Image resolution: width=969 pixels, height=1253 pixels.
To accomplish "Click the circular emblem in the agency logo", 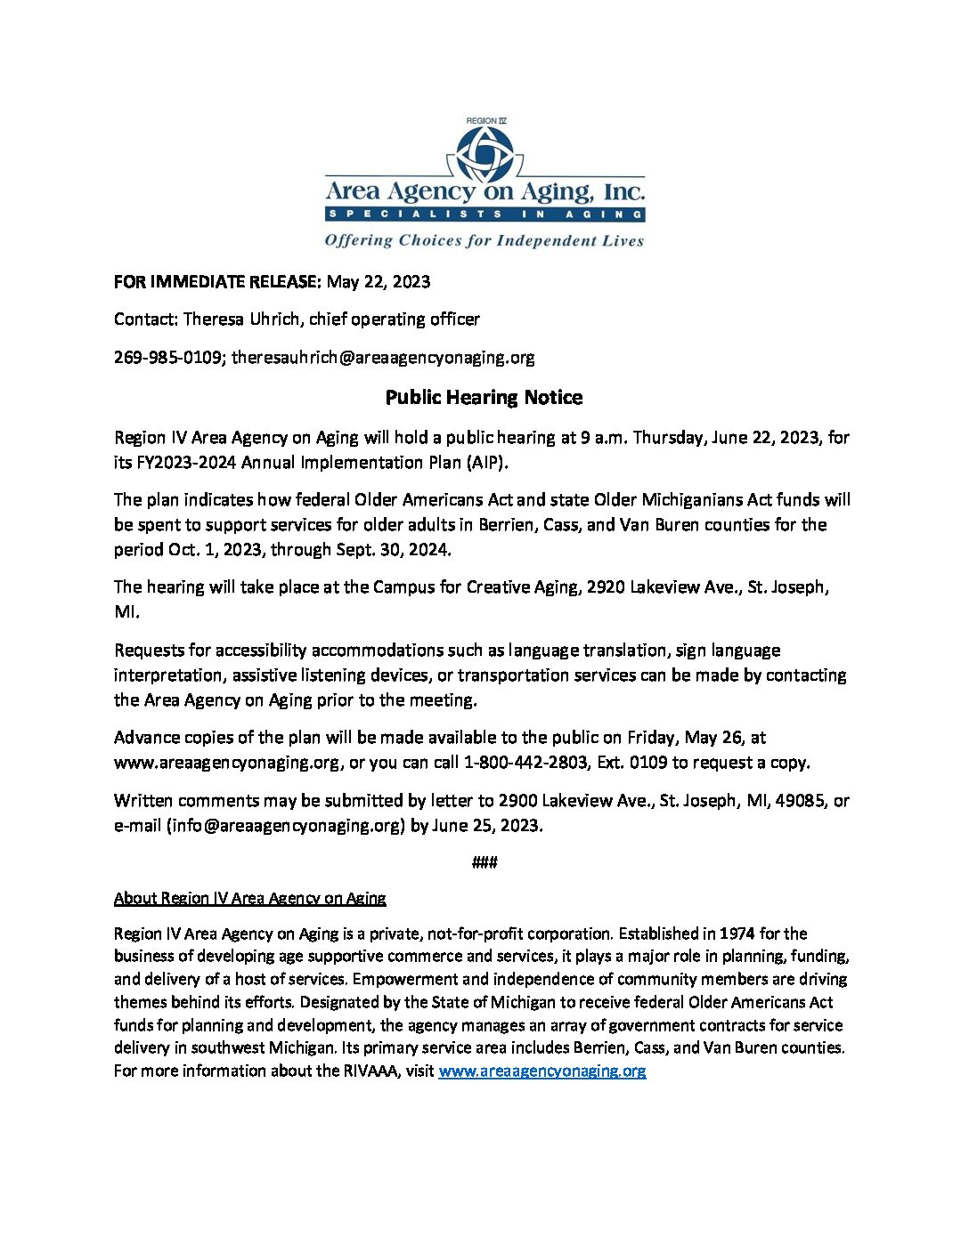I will click(x=484, y=153).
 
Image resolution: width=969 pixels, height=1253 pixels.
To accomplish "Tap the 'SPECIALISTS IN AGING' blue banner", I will click(x=484, y=214).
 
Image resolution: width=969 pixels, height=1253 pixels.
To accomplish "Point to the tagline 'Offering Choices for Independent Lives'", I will click(x=484, y=240).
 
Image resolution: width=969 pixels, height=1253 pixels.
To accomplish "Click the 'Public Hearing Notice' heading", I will click(x=484, y=397).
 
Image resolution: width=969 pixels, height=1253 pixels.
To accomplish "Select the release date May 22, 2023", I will click(x=378, y=282).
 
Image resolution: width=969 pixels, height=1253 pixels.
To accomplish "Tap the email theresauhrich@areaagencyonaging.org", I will click(x=383, y=358).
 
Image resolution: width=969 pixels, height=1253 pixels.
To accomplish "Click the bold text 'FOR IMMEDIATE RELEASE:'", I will click(x=216, y=282).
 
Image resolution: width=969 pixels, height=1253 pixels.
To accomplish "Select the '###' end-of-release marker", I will click(x=484, y=861).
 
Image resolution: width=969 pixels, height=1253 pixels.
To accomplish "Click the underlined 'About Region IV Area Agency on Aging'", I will click(x=249, y=898).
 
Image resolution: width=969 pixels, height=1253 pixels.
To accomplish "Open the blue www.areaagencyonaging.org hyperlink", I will click(x=541, y=1071).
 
